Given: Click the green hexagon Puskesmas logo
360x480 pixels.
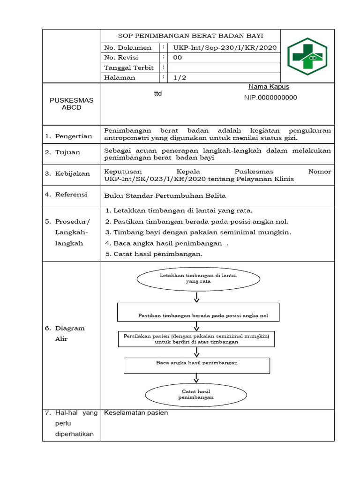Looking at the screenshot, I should pyautogui.click(x=307, y=56).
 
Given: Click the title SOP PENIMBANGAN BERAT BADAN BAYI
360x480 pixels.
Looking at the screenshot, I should pyautogui.click(x=190, y=36).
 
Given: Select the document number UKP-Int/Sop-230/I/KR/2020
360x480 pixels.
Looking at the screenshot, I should pyautogui.click(x=225, y=47).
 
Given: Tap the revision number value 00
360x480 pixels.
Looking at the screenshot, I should pyautogui.click(x=178, y=58).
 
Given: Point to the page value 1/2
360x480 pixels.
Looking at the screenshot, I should pyautogui.click(x=180, y=78).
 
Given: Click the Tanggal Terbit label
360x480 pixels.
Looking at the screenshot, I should pyautogui.click(x=128, y=67).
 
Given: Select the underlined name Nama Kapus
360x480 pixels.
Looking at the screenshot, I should pyautogui.click(x=269, y=87).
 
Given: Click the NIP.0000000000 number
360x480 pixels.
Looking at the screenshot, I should pyautogui.click(x=270, y=97).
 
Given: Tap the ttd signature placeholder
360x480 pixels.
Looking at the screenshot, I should pyautogui.click(x=158, y=94).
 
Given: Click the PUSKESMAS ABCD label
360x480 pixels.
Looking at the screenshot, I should pyautogui.click(x=72, y=104).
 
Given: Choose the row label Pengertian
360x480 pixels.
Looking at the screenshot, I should pyautogui.click(x=74, y=136).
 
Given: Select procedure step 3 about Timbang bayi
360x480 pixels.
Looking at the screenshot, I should pyautogui.click(x=198, y=232).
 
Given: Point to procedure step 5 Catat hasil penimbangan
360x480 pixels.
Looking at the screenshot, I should pyautogui.click(x=154, y=254).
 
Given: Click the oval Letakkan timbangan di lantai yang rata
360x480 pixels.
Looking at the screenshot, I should pyautogui.click(x=198, y=279).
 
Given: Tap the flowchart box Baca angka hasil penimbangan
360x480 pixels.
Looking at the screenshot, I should pyautogui.click(x=197, y=365).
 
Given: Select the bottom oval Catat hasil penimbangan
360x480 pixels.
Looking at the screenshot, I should pyautogui.click(x=196, y=394).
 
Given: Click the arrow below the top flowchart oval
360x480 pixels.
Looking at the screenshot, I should pyautogui.click(x=197, y=297).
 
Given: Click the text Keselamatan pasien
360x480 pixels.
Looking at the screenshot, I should pyautogui.click(x=136, y=413).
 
